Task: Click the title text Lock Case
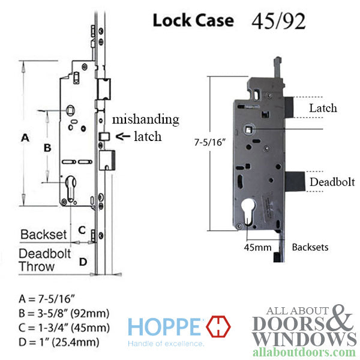point(193,20)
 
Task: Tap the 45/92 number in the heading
point(277,20)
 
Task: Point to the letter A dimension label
point(25,137)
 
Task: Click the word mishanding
point(145,119)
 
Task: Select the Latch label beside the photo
point(322,108)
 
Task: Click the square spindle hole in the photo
point(248,127)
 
